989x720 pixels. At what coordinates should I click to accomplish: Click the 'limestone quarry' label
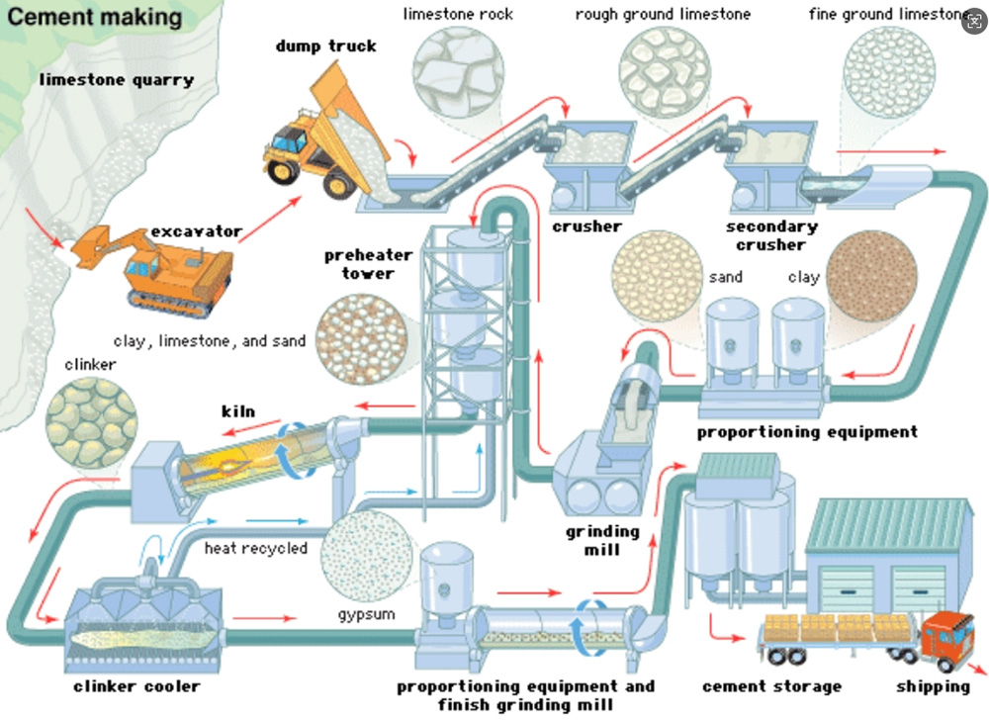coord(117,79)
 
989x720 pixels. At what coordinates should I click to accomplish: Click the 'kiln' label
coord(237,410)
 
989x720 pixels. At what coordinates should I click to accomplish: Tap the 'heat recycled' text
coord(256,547)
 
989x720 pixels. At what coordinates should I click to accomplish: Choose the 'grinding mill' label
coord(602,540)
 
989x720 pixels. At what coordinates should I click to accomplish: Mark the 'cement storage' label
coord(771,685)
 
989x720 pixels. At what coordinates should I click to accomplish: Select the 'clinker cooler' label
coord(136,685)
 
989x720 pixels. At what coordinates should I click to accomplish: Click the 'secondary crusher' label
coord(771,235)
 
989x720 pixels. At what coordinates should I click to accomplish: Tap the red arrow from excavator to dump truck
coord(269,219)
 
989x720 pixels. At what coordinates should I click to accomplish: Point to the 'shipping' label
coord(933,685)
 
